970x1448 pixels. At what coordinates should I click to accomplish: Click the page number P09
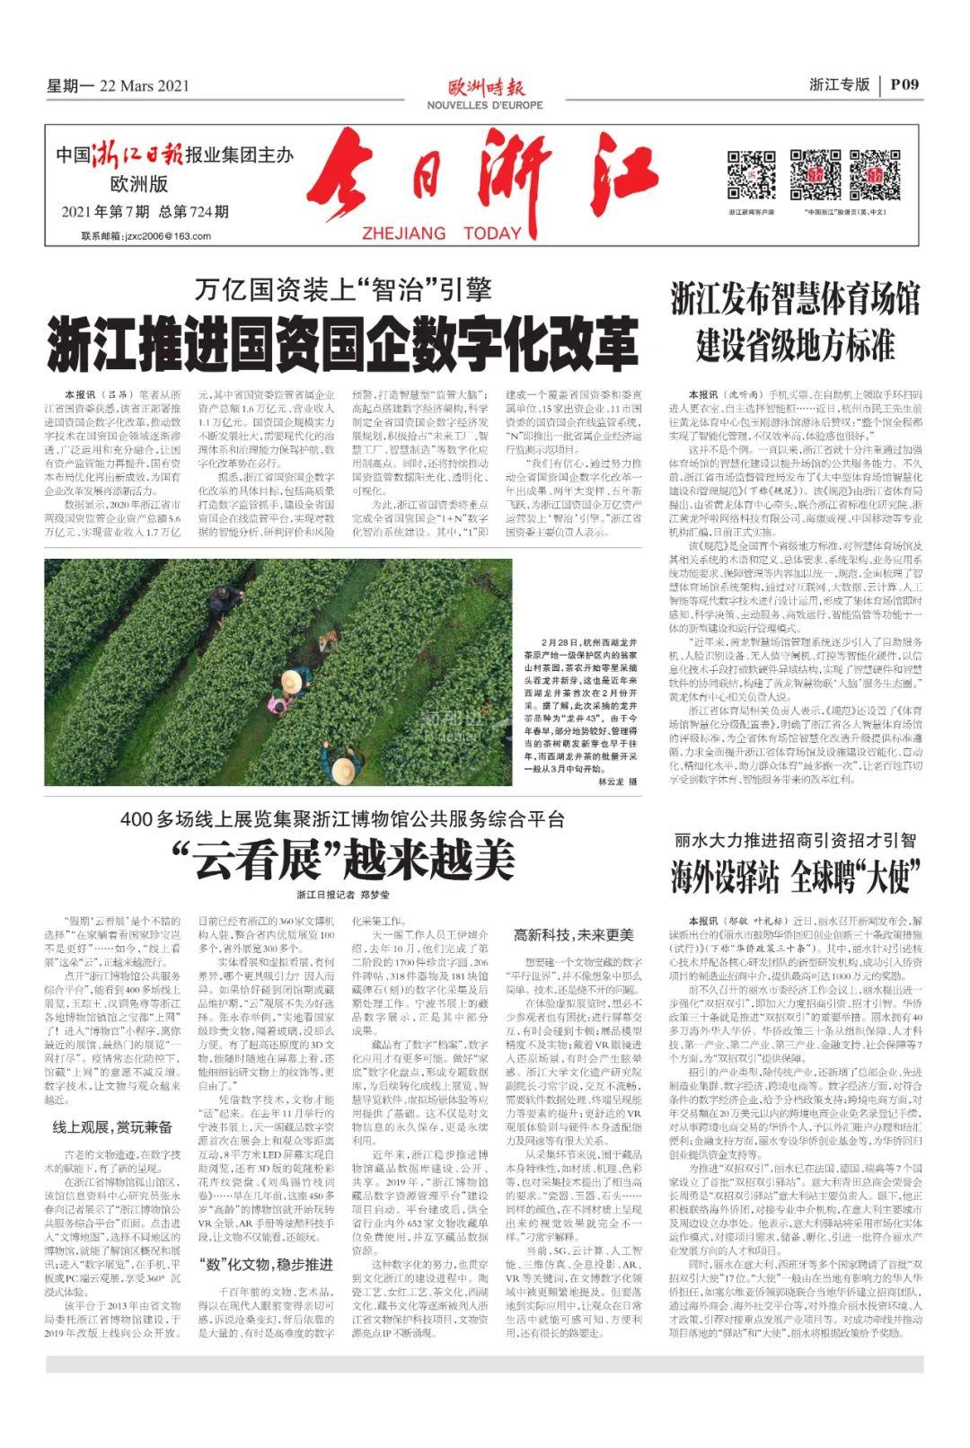(904, 85)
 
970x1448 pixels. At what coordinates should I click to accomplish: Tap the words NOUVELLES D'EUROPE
(485, 105)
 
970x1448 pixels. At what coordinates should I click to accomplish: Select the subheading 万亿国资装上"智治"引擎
(343, 290)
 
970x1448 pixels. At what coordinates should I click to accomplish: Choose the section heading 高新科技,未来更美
(573, 935)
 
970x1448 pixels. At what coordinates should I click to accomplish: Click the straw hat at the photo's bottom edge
(342, 771)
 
